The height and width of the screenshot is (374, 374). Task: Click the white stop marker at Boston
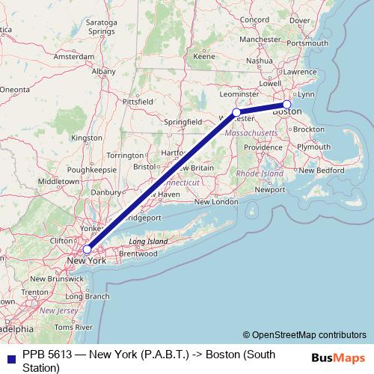pyautogui.click(x=286, y=105)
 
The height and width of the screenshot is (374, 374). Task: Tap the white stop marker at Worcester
pyautogui.click(x=236, y=112)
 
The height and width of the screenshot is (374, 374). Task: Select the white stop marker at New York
pyautogui.click(x=87, y=249)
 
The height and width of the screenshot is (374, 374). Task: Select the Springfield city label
pyautogui.click(x=183, y=121)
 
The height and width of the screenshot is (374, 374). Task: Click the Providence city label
pyautogui.click(x=262, y=147)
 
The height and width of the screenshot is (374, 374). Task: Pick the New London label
pyautogui.click(x=215, y=202)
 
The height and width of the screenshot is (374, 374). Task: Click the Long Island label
pyautogui.click(x=146, y=242)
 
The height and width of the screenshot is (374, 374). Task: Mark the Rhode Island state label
pyautogui.click(x=260, y=174)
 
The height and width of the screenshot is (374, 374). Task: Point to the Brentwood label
pyautogui.click(x=137, y=254)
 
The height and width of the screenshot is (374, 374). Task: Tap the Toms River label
pyautogui.click(x=73, y=328)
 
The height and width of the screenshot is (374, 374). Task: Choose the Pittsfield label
pyautogui.click(x=138, y=100)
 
